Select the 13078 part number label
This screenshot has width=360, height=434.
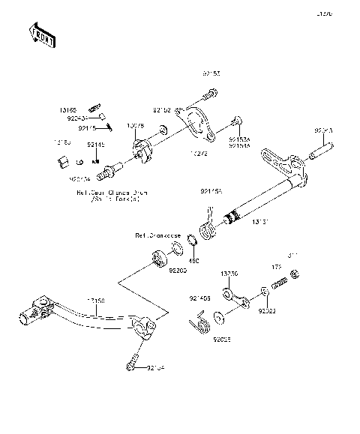136,126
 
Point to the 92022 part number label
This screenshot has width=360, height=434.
267,308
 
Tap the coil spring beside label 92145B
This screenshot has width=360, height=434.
198,325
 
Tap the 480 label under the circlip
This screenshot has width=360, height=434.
193,260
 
